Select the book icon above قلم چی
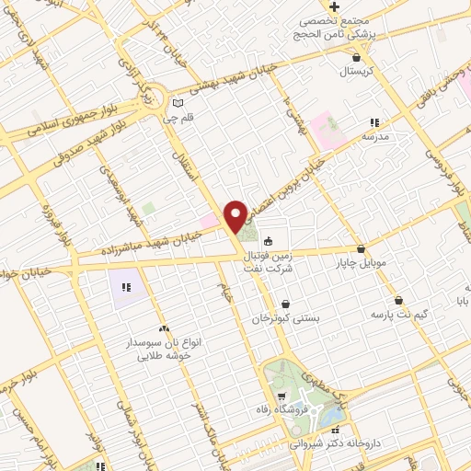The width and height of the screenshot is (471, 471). click(x=178, y=102)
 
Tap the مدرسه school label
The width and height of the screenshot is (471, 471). click(x=373, y=136)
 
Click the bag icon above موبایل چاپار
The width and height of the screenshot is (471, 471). click(x=360, y=249)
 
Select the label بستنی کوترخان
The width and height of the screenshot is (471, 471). click(x=286, y=318)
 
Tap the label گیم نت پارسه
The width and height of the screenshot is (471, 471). click(x=398, y=316)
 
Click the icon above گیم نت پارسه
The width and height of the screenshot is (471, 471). click(x=398, y=300)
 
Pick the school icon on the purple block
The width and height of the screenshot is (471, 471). click(x=126, y=288)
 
